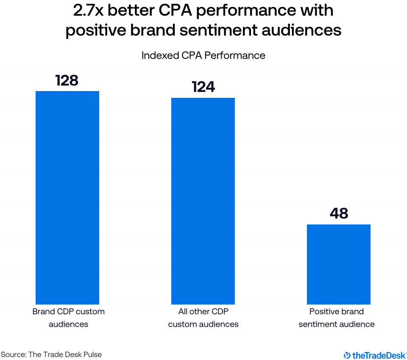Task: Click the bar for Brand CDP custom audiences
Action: coord(67,198)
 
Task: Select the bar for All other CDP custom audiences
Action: coord(203,201)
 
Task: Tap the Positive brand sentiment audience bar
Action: coord(339,264)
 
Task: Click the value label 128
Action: coord(67,80)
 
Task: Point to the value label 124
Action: coord(203,87)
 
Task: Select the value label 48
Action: coord(339,213)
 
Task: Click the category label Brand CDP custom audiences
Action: coord(68,318)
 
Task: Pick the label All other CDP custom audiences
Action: coord(203,318)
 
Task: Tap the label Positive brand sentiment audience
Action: coord(337,318)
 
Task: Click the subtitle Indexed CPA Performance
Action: coord(203,55)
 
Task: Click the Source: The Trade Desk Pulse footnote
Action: coord(51,354)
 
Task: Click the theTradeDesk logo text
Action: coord(379,355)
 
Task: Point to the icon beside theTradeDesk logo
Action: coord(347,355)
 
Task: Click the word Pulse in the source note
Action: coord(93,354)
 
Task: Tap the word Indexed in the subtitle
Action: coord(157,55)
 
